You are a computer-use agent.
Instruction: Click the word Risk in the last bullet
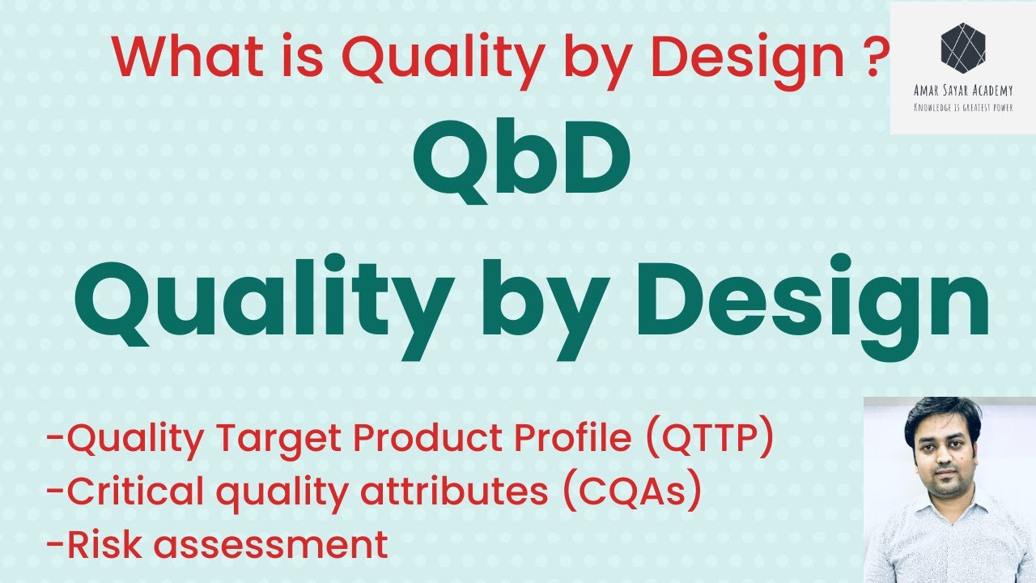106,545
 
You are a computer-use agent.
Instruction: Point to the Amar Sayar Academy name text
963,91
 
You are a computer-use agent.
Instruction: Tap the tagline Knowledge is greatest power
963,107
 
